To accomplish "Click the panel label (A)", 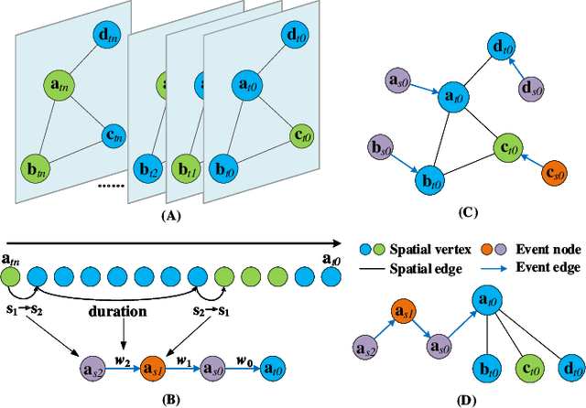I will pos(146,217).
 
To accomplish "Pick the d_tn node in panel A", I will pos(111,38).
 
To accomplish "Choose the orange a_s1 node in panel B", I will pos(157,370).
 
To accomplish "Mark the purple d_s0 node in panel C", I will pos(531,89).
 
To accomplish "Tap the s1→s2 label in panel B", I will pos(27,311).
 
